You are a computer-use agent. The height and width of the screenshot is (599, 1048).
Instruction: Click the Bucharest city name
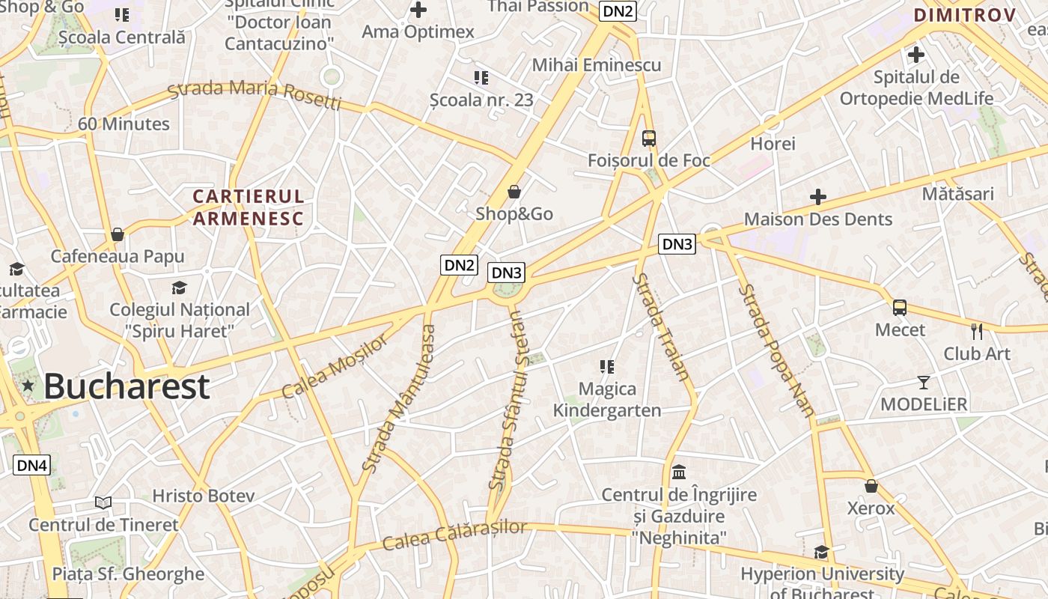[126, 386]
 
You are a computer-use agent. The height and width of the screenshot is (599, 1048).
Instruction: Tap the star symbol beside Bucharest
[28, 386]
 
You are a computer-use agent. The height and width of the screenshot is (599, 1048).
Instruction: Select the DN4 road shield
[32, 465]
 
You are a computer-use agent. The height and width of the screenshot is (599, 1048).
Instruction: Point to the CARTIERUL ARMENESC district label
[249, 207]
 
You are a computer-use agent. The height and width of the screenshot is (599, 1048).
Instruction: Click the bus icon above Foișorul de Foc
[649, 138]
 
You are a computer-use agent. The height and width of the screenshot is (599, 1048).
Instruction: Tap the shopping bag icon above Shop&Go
[514, 192]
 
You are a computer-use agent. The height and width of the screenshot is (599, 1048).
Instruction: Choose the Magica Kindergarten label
[607, 399]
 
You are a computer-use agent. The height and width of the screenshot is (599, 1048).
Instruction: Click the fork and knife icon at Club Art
[977, 331]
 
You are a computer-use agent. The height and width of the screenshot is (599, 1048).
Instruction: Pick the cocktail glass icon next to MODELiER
[924, 382]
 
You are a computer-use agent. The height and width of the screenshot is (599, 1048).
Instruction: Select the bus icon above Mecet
[900, 307]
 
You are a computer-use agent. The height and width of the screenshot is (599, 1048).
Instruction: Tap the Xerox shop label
[871, 508]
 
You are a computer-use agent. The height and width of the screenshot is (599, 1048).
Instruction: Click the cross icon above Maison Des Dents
[818, 197]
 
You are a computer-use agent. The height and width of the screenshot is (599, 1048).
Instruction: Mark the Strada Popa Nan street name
[776, 349]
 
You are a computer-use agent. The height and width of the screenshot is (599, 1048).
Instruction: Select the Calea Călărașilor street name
[454, 535]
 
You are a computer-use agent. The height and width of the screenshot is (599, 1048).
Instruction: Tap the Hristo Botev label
[204, 496]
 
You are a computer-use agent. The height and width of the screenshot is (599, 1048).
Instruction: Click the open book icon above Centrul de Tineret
[103, 502]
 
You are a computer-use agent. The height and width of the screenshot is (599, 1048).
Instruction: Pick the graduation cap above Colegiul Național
[179, 288]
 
